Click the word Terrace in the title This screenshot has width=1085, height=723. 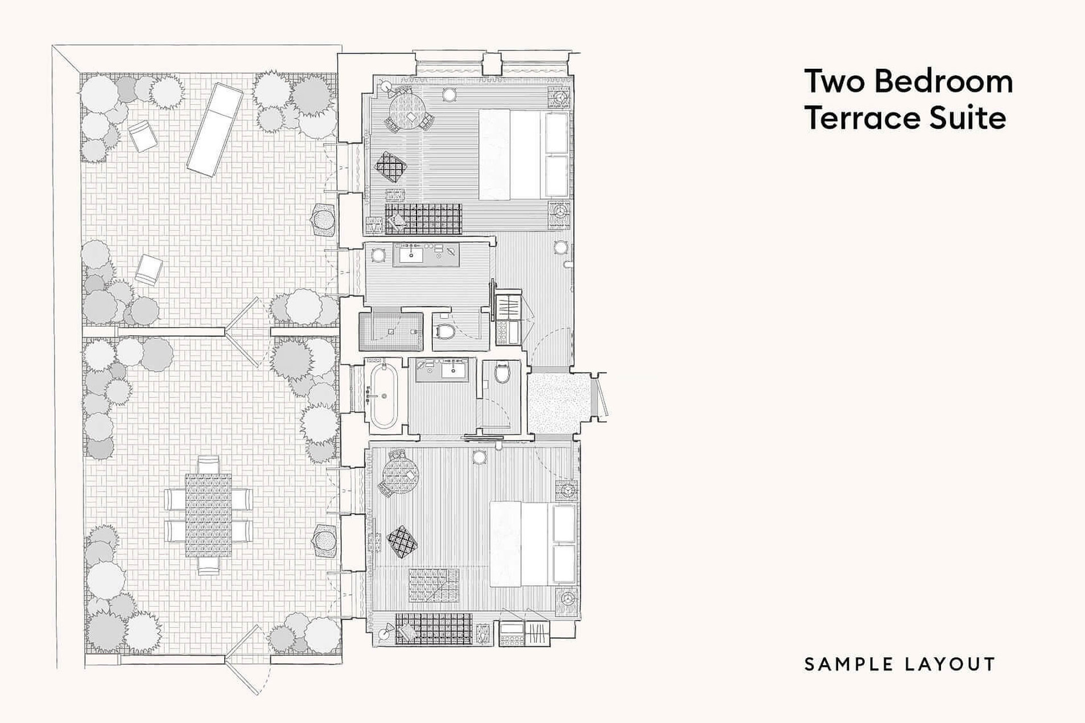(x=858, y=118)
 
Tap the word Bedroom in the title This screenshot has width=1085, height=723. (x=944, y=81)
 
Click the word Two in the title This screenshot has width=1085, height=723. (x=835, y=81)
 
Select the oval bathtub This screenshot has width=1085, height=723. (x=384, y=395)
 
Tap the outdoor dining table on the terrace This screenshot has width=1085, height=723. (x=208, y=515)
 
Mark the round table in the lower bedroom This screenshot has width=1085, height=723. (x=401, y=476)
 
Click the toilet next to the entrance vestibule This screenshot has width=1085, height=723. (x=501, y=374)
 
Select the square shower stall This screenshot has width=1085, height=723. (x=391, y=331)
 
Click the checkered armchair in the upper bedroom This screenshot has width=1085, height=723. (x=391, y=166)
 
